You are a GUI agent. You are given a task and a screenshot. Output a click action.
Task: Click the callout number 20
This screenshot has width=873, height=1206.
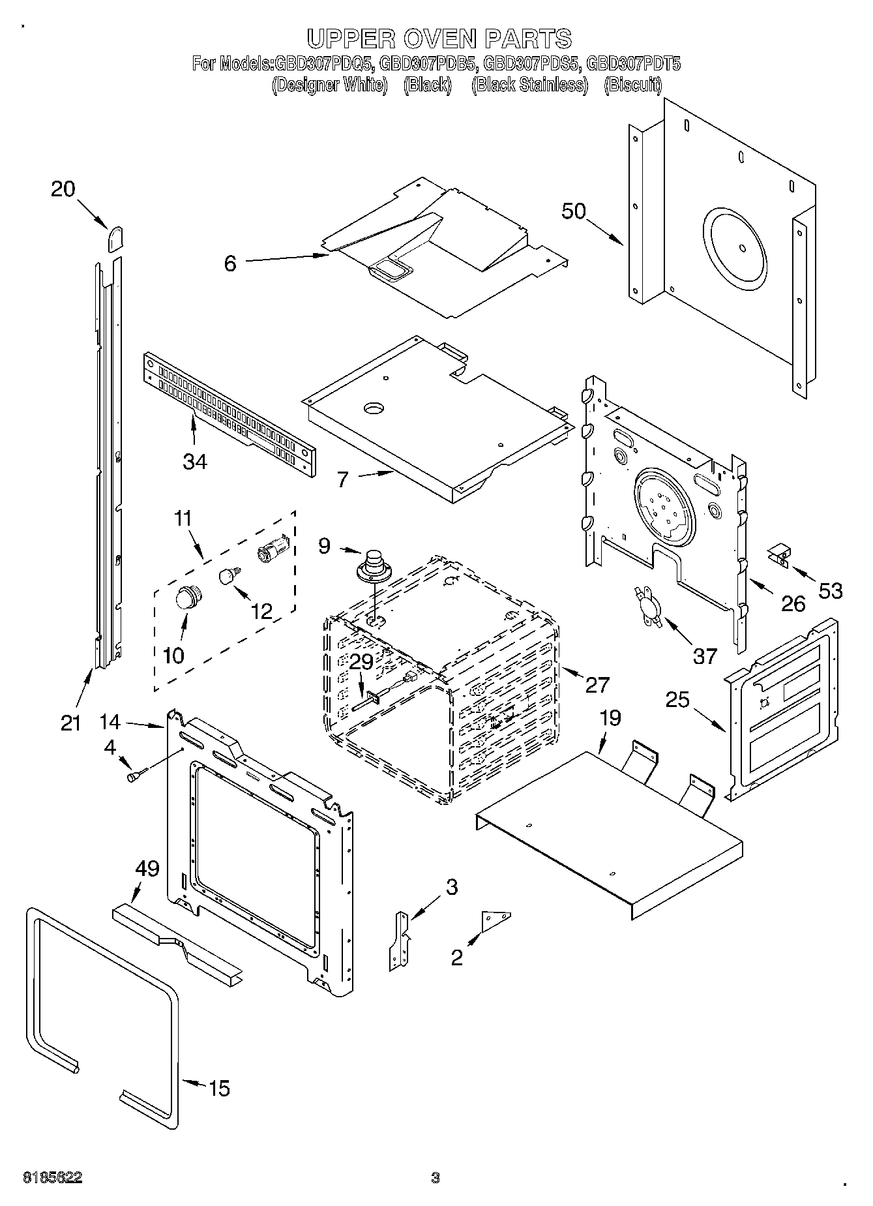pos(63,189)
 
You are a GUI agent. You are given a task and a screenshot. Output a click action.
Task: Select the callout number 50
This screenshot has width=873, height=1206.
pos(574,211)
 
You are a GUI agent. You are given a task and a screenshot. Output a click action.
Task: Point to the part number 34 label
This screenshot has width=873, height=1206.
pos(195,461)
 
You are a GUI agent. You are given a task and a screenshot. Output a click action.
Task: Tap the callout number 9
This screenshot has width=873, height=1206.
pos(324,545)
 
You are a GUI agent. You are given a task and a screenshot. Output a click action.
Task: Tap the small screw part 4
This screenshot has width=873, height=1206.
pos(136,776)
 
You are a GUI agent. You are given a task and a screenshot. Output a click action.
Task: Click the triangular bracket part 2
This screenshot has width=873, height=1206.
pos(495,920)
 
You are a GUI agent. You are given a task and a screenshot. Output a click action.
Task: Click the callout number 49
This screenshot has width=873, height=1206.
pos(147,868)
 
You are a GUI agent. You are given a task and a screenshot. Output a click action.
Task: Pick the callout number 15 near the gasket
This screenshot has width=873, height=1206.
pos(219,1088)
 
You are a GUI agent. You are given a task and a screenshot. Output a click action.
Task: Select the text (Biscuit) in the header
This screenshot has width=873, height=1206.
pos(632,85)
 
